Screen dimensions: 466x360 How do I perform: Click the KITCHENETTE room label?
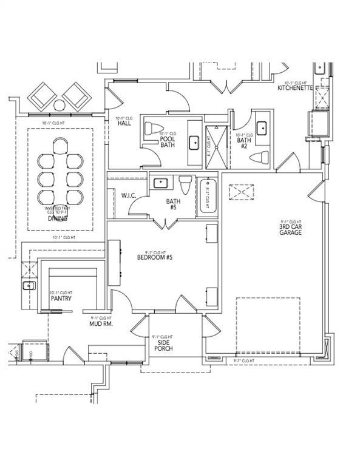click(295, 88)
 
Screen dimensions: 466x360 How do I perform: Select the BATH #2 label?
click(241, 143)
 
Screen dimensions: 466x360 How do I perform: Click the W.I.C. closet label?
click(128, 195)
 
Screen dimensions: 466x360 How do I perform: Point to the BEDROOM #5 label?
click(155, 257)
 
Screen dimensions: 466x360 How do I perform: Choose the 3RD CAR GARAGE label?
click(290, 228)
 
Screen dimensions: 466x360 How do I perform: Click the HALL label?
click(125, 123)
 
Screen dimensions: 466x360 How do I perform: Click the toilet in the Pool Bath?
click(151, 129)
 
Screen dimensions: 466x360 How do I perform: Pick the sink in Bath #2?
click(262, 127)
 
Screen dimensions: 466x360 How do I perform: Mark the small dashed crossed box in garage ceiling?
click(240, 192)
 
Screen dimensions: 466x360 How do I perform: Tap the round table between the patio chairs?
click(59, 105)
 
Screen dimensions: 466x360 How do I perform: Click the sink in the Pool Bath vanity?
click(195, 143)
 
